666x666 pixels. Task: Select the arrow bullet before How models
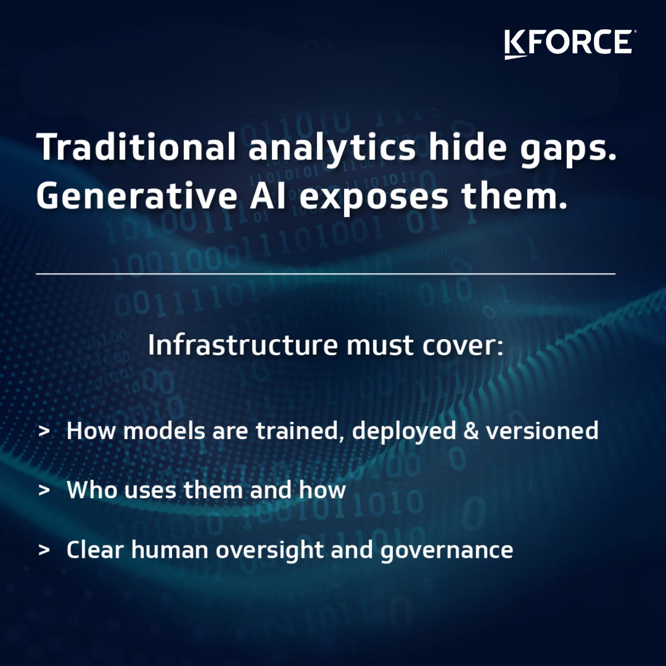click(44, 431)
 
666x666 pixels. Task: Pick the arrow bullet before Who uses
click(44, 491)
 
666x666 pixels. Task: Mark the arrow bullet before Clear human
click(44, 550)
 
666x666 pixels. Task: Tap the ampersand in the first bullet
click(471, 431)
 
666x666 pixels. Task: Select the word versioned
click(542, 431)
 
